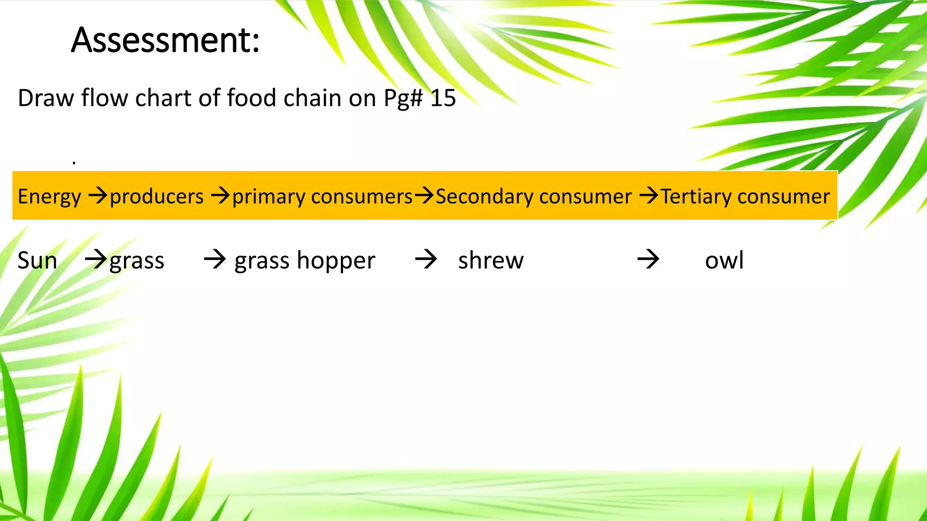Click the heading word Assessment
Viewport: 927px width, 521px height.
165,41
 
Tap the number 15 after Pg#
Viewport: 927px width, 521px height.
443,98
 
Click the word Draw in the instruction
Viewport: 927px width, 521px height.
45,98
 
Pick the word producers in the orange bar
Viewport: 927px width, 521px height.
157,197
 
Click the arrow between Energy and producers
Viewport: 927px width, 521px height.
97,196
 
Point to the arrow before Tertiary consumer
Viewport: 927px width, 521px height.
649,196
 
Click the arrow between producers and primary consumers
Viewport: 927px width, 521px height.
221,196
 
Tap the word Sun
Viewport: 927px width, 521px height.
37,261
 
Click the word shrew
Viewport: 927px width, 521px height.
491,261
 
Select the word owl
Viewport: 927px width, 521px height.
724,261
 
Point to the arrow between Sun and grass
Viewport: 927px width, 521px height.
96,260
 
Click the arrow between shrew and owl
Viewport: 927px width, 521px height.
648,260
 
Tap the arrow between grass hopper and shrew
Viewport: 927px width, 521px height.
426,260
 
